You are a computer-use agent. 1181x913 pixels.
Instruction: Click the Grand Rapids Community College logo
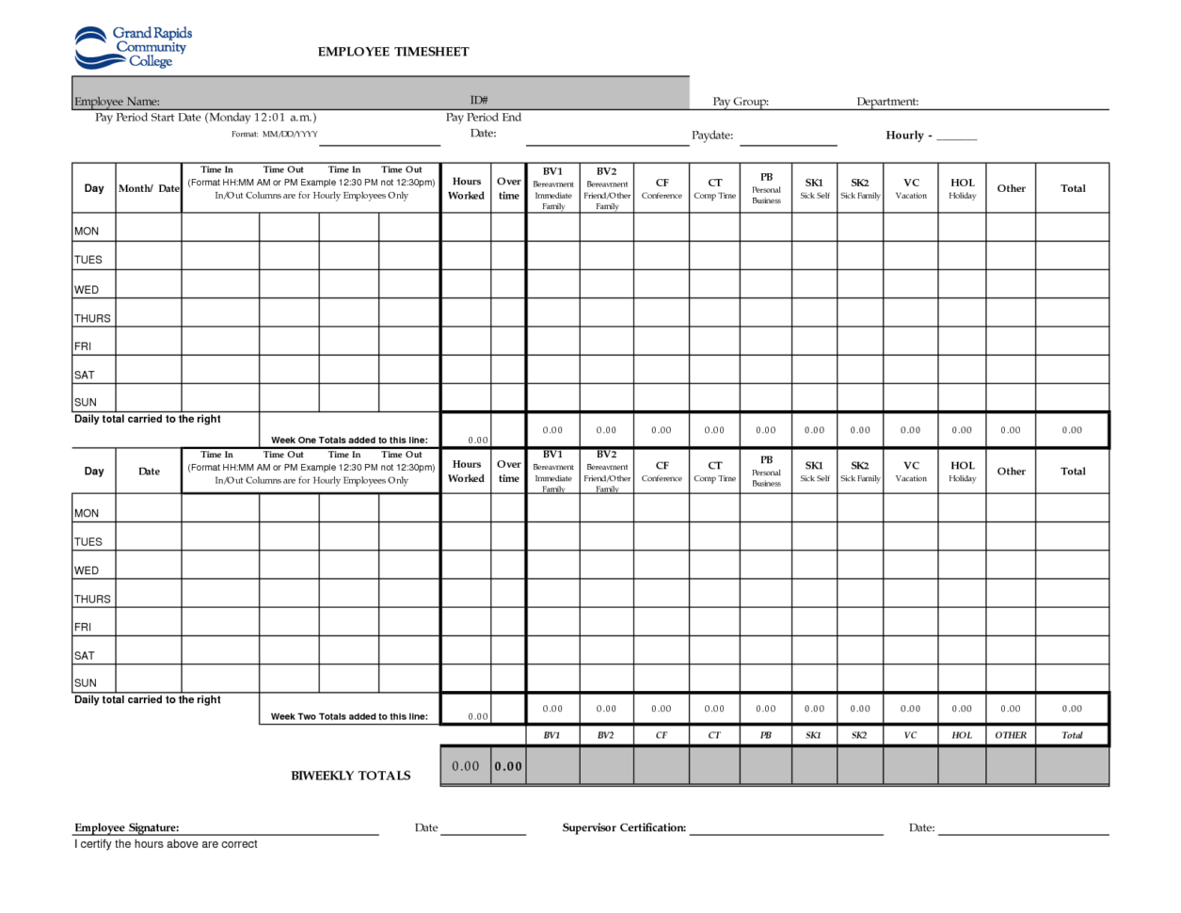132,47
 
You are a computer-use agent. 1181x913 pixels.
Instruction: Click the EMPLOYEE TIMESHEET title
392,52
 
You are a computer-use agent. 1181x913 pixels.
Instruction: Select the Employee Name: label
117,102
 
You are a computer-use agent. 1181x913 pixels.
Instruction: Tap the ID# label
479,100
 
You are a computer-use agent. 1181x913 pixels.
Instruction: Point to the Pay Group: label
741,102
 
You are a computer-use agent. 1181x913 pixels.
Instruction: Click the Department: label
887,102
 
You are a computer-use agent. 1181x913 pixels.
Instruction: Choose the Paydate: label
712,136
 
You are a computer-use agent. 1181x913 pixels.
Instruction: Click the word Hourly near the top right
904,136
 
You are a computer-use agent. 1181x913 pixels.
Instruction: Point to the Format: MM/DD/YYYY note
275,135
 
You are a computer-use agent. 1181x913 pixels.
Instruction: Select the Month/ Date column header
149,188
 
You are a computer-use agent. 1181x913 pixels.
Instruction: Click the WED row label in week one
87,290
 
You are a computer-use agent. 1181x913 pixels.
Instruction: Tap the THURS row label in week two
92,599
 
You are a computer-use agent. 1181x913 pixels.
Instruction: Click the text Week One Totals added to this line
349,440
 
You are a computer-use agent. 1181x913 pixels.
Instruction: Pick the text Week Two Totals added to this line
349,716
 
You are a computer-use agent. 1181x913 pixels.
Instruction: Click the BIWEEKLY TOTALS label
350,776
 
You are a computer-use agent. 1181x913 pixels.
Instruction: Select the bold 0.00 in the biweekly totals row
508,766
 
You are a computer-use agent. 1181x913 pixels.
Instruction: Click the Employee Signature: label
127,827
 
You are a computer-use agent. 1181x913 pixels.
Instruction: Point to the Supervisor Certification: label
624,827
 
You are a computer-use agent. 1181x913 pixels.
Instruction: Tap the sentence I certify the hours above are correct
166,844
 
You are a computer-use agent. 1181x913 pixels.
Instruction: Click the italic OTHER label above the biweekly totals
1011,735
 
